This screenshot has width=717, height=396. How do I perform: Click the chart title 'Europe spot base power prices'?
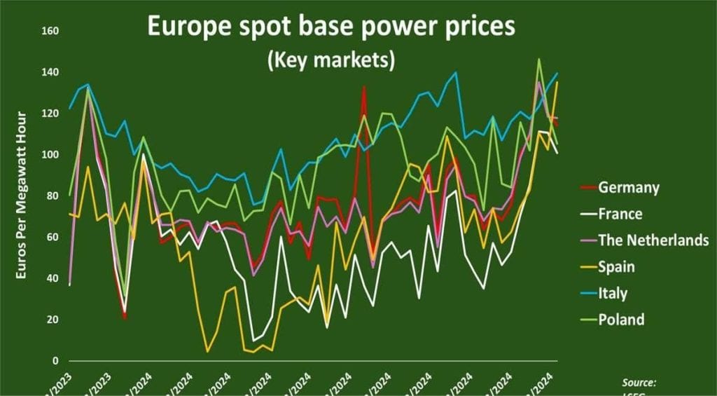(330, 27)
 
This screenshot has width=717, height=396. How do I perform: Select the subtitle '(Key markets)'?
(330, 60)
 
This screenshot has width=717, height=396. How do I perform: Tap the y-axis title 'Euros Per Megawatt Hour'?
(22, 195)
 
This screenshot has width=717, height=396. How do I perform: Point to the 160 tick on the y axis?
(50, 31)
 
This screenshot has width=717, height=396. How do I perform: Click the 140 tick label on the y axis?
(50, 72)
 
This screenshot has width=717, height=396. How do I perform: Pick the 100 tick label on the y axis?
(50, 155)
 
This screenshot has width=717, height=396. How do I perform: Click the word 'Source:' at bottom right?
(639, 383)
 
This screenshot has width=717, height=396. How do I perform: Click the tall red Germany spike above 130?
(364, 87)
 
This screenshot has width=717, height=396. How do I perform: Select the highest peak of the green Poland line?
(538, 59)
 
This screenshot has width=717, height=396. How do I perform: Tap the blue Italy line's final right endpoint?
(558, 73)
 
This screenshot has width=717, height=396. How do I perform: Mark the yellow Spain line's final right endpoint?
(558, 82)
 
